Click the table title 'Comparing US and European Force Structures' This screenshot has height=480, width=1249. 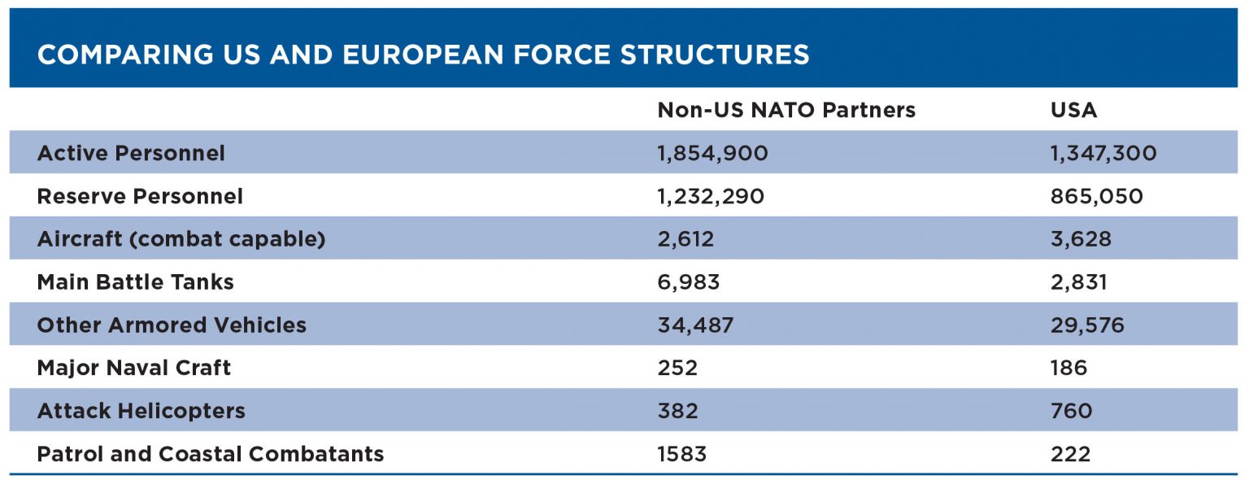[424, 55]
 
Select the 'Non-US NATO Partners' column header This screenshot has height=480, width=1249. [786, 110]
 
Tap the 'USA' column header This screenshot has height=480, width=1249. [1073, 110]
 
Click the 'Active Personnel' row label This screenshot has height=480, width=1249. [131, 153]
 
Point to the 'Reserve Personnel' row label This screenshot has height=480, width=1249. [140, 196]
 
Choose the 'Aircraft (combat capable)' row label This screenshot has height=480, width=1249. [181, 239]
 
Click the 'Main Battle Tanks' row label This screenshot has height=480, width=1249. [135, 282]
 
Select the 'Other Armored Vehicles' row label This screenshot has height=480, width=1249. [172, 325]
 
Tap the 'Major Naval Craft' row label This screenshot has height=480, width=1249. [134, 368]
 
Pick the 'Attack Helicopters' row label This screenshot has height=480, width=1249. [141, 411]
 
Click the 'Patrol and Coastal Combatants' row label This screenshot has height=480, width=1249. [211, 454]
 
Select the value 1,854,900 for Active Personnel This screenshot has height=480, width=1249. [712, 153]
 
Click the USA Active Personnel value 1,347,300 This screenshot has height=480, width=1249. [1103, 153]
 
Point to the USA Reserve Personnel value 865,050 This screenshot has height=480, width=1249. [1097, 196]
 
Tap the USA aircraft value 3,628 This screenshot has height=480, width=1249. [1081, 239]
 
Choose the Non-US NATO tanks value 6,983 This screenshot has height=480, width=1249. [689, 282]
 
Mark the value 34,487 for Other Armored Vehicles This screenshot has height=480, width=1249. [695, 325]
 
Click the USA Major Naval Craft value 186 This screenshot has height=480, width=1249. [1068, 368]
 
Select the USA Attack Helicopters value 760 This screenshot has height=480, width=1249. [1071, 411]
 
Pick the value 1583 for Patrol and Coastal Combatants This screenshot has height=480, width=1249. [681, 454]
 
